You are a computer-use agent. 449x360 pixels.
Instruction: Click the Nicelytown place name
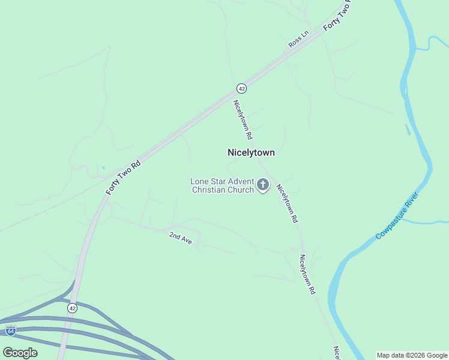(x=251, y=152)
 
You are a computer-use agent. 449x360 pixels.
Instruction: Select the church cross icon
(x=263, y=185)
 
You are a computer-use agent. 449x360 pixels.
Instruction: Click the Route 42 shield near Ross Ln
(x=241, y=88)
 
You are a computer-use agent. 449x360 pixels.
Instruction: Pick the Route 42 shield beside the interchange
(x=72, y=308)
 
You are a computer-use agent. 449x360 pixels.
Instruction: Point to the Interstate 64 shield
(x=10, y=330)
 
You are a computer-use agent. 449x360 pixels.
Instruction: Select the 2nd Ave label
(x=180, y=238)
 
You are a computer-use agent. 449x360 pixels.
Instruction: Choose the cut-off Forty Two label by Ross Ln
(x=337, y=17)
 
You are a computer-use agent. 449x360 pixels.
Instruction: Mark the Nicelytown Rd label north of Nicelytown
(x=243, y=119)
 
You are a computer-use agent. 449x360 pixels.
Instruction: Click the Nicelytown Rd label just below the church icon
(x=287, y=204)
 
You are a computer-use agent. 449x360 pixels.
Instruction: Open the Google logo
(x=20, y=353)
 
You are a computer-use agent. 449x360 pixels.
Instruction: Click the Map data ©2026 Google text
(x=412, y=355)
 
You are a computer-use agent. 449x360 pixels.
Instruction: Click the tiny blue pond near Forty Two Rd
(x=103, y=167)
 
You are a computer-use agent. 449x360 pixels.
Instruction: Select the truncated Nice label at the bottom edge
(x=337, y=352)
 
